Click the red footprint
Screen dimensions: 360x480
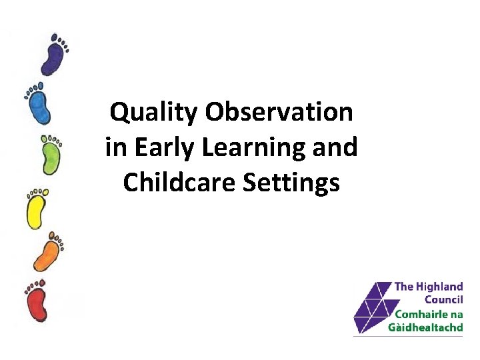pyautogui.click(x=37, y=304)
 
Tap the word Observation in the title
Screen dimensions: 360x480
pyautogui.click(x=279, y=113)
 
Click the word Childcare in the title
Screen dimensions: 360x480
pyautogui.click(x=176, y=182)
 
